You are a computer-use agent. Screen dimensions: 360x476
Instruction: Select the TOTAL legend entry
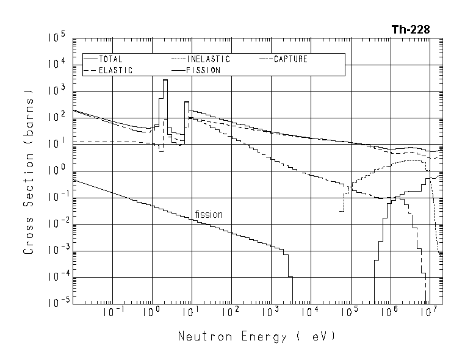pyautogui.click(x=110, y=59)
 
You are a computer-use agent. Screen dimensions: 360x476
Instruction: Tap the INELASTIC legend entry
pyautogui.click(x=208, y=59)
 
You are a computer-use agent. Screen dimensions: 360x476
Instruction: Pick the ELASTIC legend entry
pyautogui.click(x=115, y=70)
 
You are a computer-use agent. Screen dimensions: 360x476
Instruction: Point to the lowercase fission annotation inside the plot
pyautogui.click(x=209, y=214)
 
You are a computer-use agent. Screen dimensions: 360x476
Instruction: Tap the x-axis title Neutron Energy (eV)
pyautogui.click(x=256, y=336)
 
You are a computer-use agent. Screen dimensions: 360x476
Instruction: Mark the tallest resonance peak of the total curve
pyautogui.click(x=165, y=80)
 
